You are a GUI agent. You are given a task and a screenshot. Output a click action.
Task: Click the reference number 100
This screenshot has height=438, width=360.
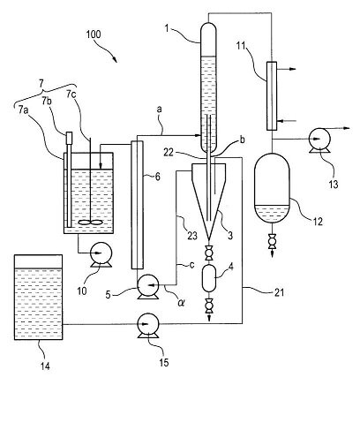click(94, 34)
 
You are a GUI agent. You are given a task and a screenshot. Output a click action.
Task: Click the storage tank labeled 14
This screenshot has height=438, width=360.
click(39, 298)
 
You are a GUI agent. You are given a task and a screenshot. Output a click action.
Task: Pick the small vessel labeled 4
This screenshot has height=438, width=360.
click(209, 278)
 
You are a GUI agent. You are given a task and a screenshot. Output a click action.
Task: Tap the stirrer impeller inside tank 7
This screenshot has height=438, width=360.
click(91, 223)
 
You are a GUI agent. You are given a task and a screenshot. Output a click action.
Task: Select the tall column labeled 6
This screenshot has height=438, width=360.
click(137, 205)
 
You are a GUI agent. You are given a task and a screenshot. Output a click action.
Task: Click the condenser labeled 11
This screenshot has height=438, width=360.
click(272, 96)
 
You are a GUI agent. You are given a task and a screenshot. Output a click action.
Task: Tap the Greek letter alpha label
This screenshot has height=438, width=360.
click(181, 302)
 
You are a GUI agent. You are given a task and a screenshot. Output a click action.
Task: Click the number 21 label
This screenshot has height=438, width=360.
click(279, 292)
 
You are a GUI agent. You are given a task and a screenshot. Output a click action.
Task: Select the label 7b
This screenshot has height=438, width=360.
click(47, 101)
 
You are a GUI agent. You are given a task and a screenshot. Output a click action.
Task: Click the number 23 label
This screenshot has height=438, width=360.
click(192, 236)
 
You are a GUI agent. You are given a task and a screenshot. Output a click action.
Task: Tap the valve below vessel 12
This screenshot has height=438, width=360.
click(273, 241)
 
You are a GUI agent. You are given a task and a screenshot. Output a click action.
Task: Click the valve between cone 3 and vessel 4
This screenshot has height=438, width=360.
click(209, 253)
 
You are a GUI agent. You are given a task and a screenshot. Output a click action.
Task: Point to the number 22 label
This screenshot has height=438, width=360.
click(169, 153)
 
